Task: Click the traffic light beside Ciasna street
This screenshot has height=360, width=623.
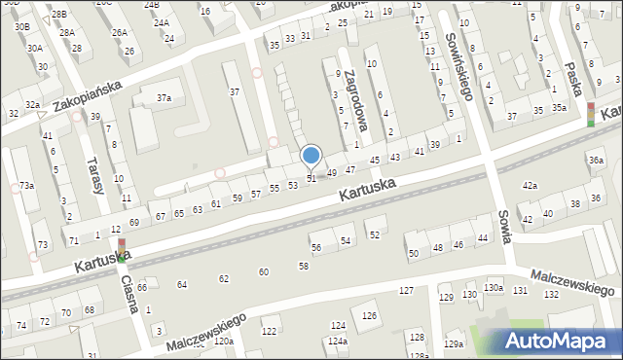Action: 121,248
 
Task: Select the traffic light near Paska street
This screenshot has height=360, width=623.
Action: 590,114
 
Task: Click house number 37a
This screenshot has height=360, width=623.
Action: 165,97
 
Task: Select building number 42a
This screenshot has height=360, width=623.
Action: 530,185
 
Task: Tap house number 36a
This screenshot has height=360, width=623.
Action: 596,161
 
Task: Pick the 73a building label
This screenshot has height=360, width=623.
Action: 26,185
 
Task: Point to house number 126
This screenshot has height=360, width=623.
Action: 370,316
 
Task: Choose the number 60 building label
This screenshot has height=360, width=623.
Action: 263,271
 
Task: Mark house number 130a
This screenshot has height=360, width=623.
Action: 494,288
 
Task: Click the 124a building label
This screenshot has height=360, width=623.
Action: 338,342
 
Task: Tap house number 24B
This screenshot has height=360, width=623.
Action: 152,5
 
